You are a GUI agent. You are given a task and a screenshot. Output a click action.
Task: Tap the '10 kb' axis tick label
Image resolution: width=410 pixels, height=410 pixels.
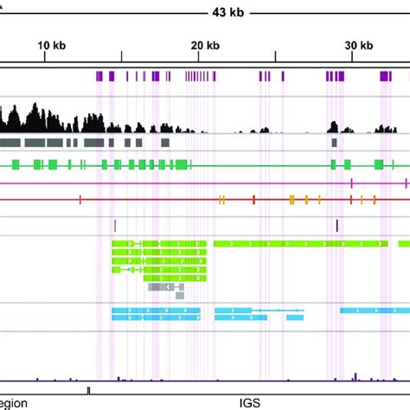click(x=52, y=46)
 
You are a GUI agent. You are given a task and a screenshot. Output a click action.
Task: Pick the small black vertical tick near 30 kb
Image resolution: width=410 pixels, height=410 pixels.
click(x=337, y=225)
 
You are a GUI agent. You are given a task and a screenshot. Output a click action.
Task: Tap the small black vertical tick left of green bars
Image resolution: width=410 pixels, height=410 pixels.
click(x=115, y=225)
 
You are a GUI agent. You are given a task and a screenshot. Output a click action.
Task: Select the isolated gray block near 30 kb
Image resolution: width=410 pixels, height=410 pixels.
click(x=334, y=142)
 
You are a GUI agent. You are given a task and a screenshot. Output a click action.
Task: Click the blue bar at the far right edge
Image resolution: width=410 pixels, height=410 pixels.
click(x=375, y=309)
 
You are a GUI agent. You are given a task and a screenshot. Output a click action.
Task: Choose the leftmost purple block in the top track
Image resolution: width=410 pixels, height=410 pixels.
click(x=99, y=77)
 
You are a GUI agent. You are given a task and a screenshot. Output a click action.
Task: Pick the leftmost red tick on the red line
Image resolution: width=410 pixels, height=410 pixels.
click(x=80, y=200)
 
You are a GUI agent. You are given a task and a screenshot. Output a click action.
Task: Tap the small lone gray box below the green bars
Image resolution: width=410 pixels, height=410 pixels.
click(x=180, y=295)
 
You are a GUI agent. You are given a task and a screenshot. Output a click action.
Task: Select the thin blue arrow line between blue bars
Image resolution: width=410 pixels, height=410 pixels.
click(x=278, y=309)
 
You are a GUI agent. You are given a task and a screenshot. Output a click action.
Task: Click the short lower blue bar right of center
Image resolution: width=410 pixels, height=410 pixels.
click(x=295, y=317)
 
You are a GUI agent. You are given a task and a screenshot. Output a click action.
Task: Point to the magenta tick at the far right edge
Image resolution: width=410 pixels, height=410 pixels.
click(x=406, y=183)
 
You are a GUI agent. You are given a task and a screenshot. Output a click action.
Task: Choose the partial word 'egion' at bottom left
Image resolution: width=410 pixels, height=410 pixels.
click(x=15, y=402)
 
